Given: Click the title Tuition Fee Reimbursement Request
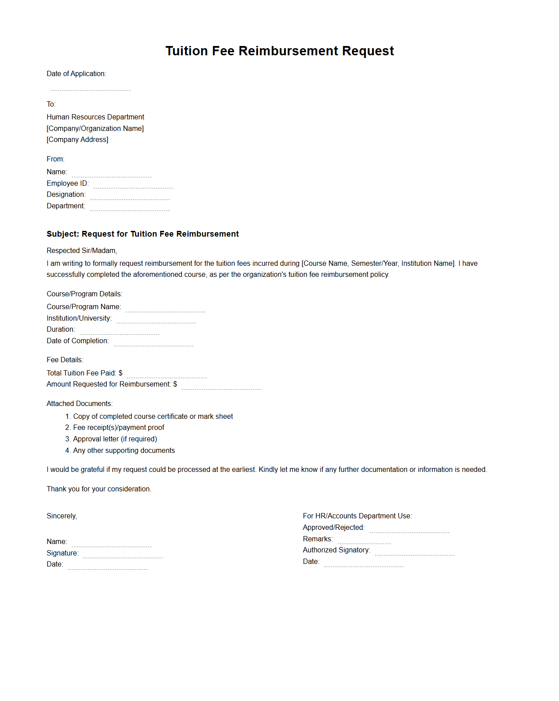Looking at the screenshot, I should click(x=279, y=51).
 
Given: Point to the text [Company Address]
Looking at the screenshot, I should click(x=77, y=140).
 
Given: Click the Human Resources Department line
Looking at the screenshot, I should click(x=95, y=117).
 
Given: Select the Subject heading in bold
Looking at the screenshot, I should click(x=143, y=234).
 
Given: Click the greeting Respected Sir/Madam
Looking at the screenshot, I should click(x=81, y=251).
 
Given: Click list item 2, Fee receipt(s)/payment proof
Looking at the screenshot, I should click(x=118, y=428).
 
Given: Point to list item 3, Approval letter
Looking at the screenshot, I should click(x=115, y=439).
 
